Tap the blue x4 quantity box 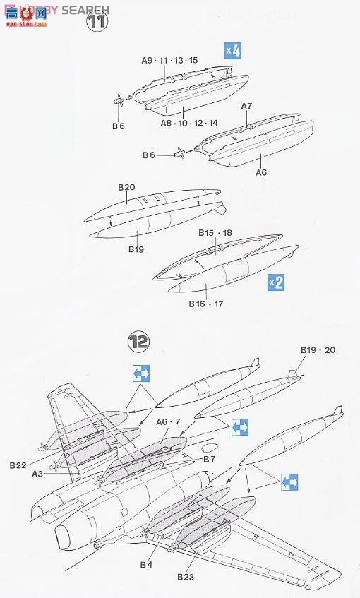(x=233, y=51)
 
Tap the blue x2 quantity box (x=275, y=282)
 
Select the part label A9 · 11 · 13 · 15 (x=169, y=61)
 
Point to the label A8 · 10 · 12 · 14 (x=188, y=122)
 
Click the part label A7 (x=246, y=106)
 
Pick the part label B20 (x=126, y=187)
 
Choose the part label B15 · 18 (x=215, y=232)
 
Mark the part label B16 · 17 (x=205, y=304)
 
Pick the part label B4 (x=146, y=564)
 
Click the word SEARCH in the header (x=85, y=10)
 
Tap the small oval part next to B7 (x=211, y=448)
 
